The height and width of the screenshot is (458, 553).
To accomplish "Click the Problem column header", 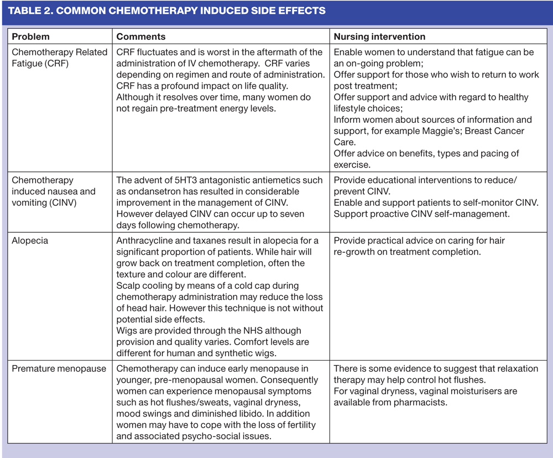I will click(x=30, y=37).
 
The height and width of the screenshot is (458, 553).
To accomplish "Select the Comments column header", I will click(x=140, y=37).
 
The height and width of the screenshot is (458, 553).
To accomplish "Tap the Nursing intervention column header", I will click(x=379, y=37).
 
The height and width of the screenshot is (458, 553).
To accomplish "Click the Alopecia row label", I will click(x=29, y=240).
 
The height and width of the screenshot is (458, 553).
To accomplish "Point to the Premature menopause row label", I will click(x=59, y=368).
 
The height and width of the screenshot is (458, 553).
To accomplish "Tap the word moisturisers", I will click(x=469, y=391).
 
